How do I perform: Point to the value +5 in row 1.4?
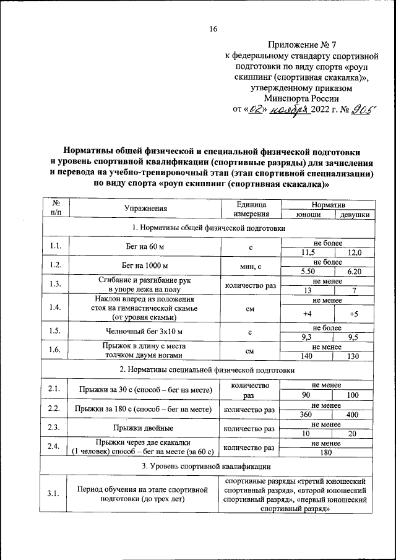coord(355,314)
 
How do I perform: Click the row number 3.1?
coord(53,493)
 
